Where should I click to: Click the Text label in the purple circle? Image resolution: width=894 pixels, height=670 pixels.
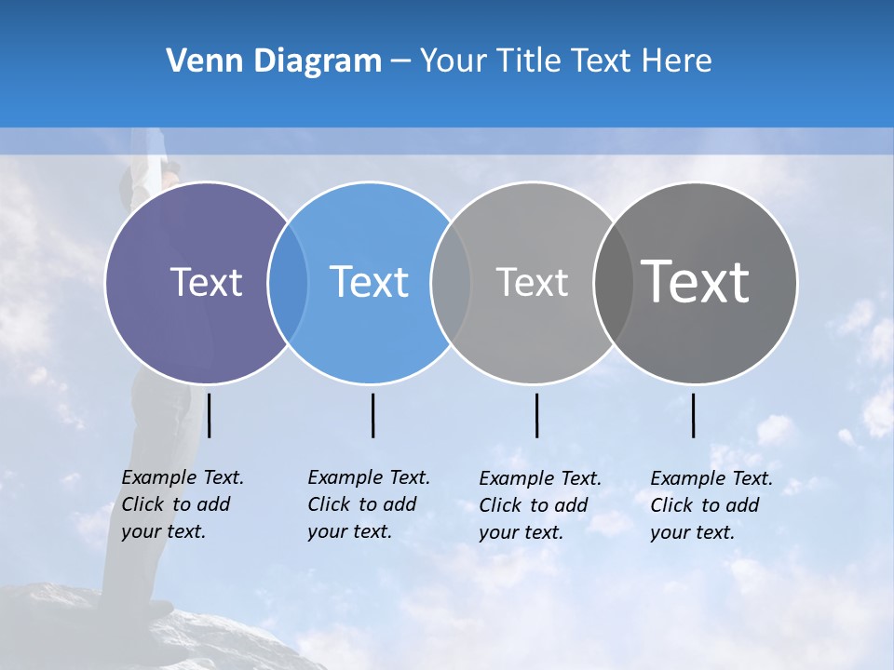tap(206, 282)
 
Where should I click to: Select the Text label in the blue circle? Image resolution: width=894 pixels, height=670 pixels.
tap(370, 282)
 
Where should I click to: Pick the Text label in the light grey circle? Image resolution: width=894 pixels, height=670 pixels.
tap(532, 282)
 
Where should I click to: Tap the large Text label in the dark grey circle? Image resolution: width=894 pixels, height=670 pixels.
tap(696, 282)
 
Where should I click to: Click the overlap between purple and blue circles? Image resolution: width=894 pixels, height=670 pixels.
tap(288, 283)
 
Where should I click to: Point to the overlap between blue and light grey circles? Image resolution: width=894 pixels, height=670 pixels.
tap(451, 283)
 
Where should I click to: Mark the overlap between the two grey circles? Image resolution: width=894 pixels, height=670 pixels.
tap(613, 283)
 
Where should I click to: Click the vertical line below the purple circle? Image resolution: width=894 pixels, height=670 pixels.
tap(210, 415)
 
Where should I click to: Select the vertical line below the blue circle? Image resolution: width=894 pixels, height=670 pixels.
tap(372, 415)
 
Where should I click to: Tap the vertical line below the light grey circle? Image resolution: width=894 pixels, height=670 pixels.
tap(536, 415)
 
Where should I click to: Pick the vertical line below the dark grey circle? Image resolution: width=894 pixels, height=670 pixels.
tap(693, 415)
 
